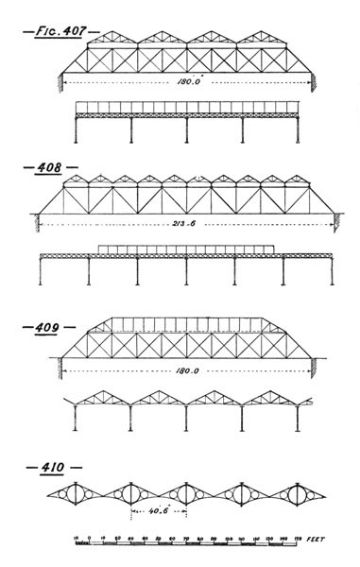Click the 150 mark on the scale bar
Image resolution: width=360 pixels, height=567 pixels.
pos(299,540)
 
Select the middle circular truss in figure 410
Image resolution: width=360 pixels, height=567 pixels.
pos(186,493)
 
